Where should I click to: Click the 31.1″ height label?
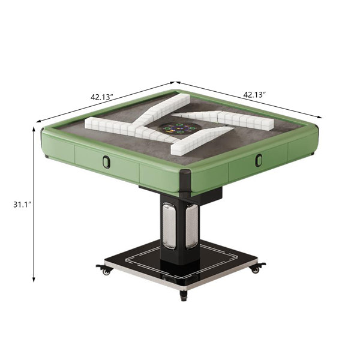click(x=22, y=204)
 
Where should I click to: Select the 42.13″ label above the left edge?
click(x=102, y=97)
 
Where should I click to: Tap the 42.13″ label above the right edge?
click(x=254, y=94)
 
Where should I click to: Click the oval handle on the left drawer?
click(x=106, y=161)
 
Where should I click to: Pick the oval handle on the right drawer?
click(x=259, y=160)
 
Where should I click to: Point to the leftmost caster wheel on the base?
click(x=104, y=270)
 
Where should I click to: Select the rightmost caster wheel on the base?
click(x=257, y=268)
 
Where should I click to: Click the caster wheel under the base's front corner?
click(x=183, y=295)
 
